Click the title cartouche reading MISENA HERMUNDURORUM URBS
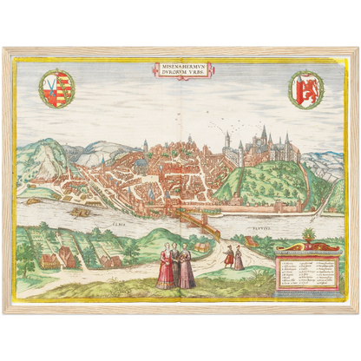[x=180, y=69]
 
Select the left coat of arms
[x=57, y=88]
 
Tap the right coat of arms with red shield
[x=305, y=89]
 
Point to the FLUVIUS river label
[x=246, y=228]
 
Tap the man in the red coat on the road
[x=229, y=256]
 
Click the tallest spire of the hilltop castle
[x=264, y=134]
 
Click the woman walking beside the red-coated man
[x=239, y=257]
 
